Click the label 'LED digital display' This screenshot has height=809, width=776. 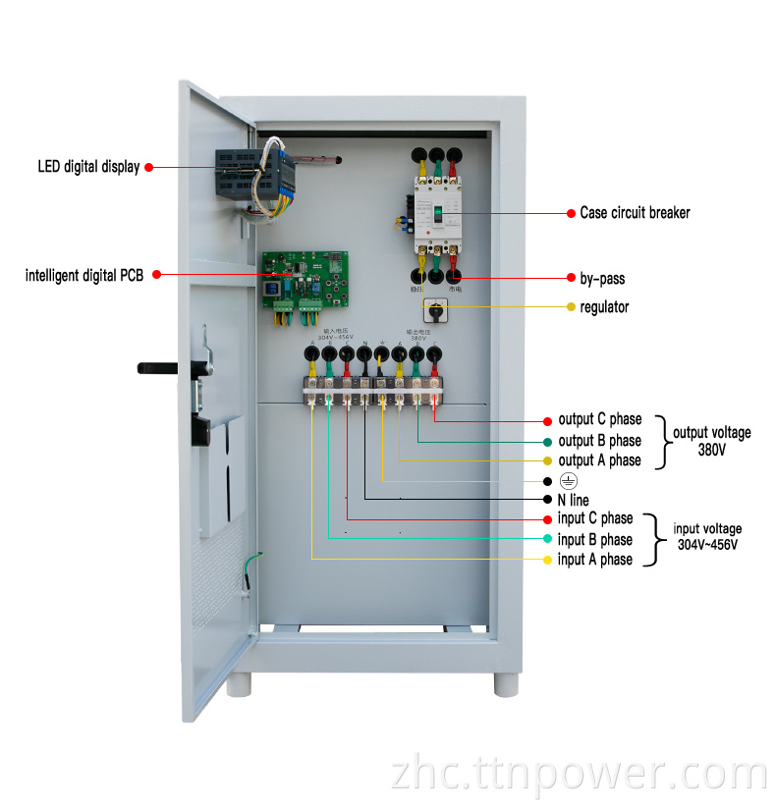tap(88, 167)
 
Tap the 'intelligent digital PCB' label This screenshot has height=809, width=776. tap(84, 276)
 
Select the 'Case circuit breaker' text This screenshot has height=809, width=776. tap(635, 212)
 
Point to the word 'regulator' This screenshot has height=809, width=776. tap(604, 307)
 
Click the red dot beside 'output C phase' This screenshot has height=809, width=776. tap(547, 420)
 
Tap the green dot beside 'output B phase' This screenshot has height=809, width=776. tap(547, 441)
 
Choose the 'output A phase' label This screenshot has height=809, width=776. tap(599, 460)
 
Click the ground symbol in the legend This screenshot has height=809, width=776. tap(567, 481)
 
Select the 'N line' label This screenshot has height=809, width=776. tap(574, 501)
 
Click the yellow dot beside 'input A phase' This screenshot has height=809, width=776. tap(547, 560)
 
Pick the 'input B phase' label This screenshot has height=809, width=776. tap(595, 540)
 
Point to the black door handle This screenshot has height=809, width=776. tap(157, 368)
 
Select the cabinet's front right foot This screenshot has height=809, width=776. tap(507, 681)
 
